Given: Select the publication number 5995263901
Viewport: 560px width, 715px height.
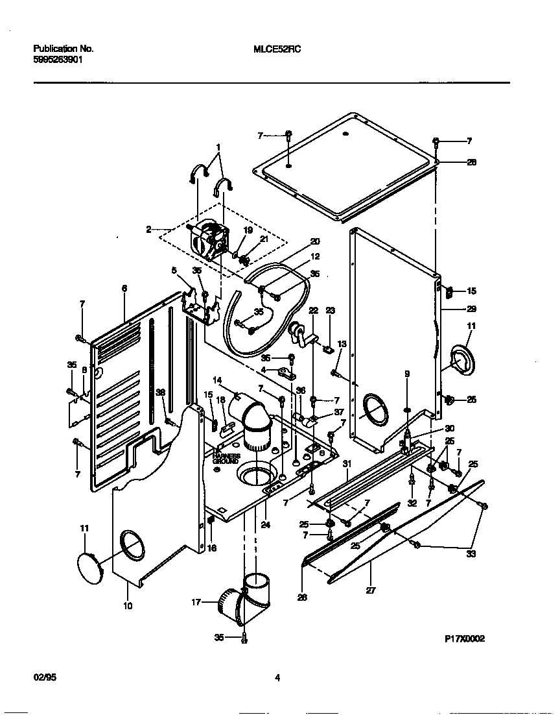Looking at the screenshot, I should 58,59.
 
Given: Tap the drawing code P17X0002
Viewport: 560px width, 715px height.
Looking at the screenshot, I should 465,638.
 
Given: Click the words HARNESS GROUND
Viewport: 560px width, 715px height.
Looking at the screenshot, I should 226,459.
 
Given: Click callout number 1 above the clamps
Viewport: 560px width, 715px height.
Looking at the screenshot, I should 218,147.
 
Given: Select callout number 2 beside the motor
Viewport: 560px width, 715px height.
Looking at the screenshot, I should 148,229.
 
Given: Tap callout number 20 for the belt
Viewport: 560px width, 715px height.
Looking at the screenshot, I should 315,241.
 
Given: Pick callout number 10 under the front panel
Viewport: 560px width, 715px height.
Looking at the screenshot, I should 128,606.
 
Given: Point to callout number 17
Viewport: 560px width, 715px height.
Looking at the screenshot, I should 195,602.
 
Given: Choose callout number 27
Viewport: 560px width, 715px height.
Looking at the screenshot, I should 371,590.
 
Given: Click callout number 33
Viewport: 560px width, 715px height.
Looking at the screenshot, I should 471,553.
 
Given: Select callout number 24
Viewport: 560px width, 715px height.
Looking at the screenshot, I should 266,525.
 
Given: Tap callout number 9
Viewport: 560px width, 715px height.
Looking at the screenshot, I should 407,374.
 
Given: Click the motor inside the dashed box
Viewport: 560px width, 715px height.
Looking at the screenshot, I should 207,241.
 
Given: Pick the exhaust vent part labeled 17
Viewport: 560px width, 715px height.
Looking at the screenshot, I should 240,600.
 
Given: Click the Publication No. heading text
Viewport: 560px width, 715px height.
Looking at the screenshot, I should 63,49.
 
